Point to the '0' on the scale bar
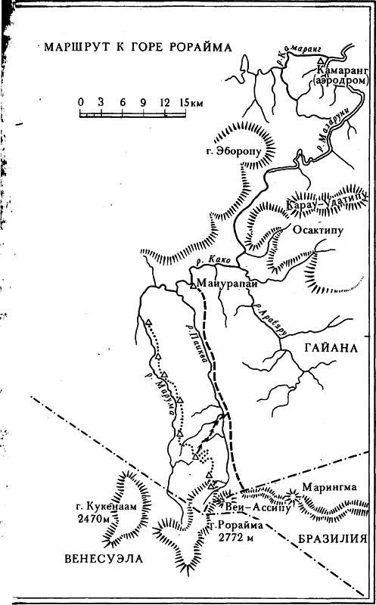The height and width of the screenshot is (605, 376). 80,101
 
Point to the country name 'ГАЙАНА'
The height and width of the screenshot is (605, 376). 331,349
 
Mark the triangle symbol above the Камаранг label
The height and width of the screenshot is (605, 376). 321,60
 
